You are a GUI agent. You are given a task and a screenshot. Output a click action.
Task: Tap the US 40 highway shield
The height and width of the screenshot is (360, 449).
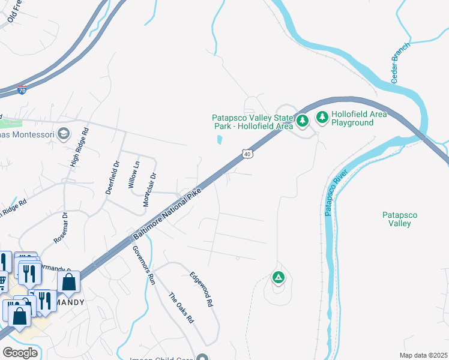tap(247, 154)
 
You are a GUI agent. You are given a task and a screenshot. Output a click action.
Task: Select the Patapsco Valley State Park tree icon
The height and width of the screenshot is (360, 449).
tap(303, 121)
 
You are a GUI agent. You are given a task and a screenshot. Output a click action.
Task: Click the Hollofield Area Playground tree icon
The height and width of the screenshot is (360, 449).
tap(322, 116)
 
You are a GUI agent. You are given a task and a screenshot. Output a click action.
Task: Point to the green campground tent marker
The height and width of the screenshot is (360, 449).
tap(278, 277)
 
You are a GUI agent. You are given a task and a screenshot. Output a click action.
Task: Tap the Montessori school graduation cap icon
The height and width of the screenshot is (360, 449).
tap(65, 133)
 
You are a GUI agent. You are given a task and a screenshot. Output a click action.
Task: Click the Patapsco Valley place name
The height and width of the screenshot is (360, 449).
tap(400, 219)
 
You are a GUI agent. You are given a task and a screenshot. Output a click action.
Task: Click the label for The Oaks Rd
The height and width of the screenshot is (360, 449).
tap(181, 308)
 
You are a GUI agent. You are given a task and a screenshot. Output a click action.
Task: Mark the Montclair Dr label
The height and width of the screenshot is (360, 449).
tap(149, 190)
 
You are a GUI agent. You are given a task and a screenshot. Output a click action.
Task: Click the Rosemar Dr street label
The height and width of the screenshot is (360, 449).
tap(62, 227)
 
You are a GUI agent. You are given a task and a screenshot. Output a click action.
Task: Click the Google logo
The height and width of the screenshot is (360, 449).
tap(20, 353)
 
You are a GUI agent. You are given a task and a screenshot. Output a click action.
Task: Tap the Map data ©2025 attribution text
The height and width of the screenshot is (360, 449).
tap(423, 355)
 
